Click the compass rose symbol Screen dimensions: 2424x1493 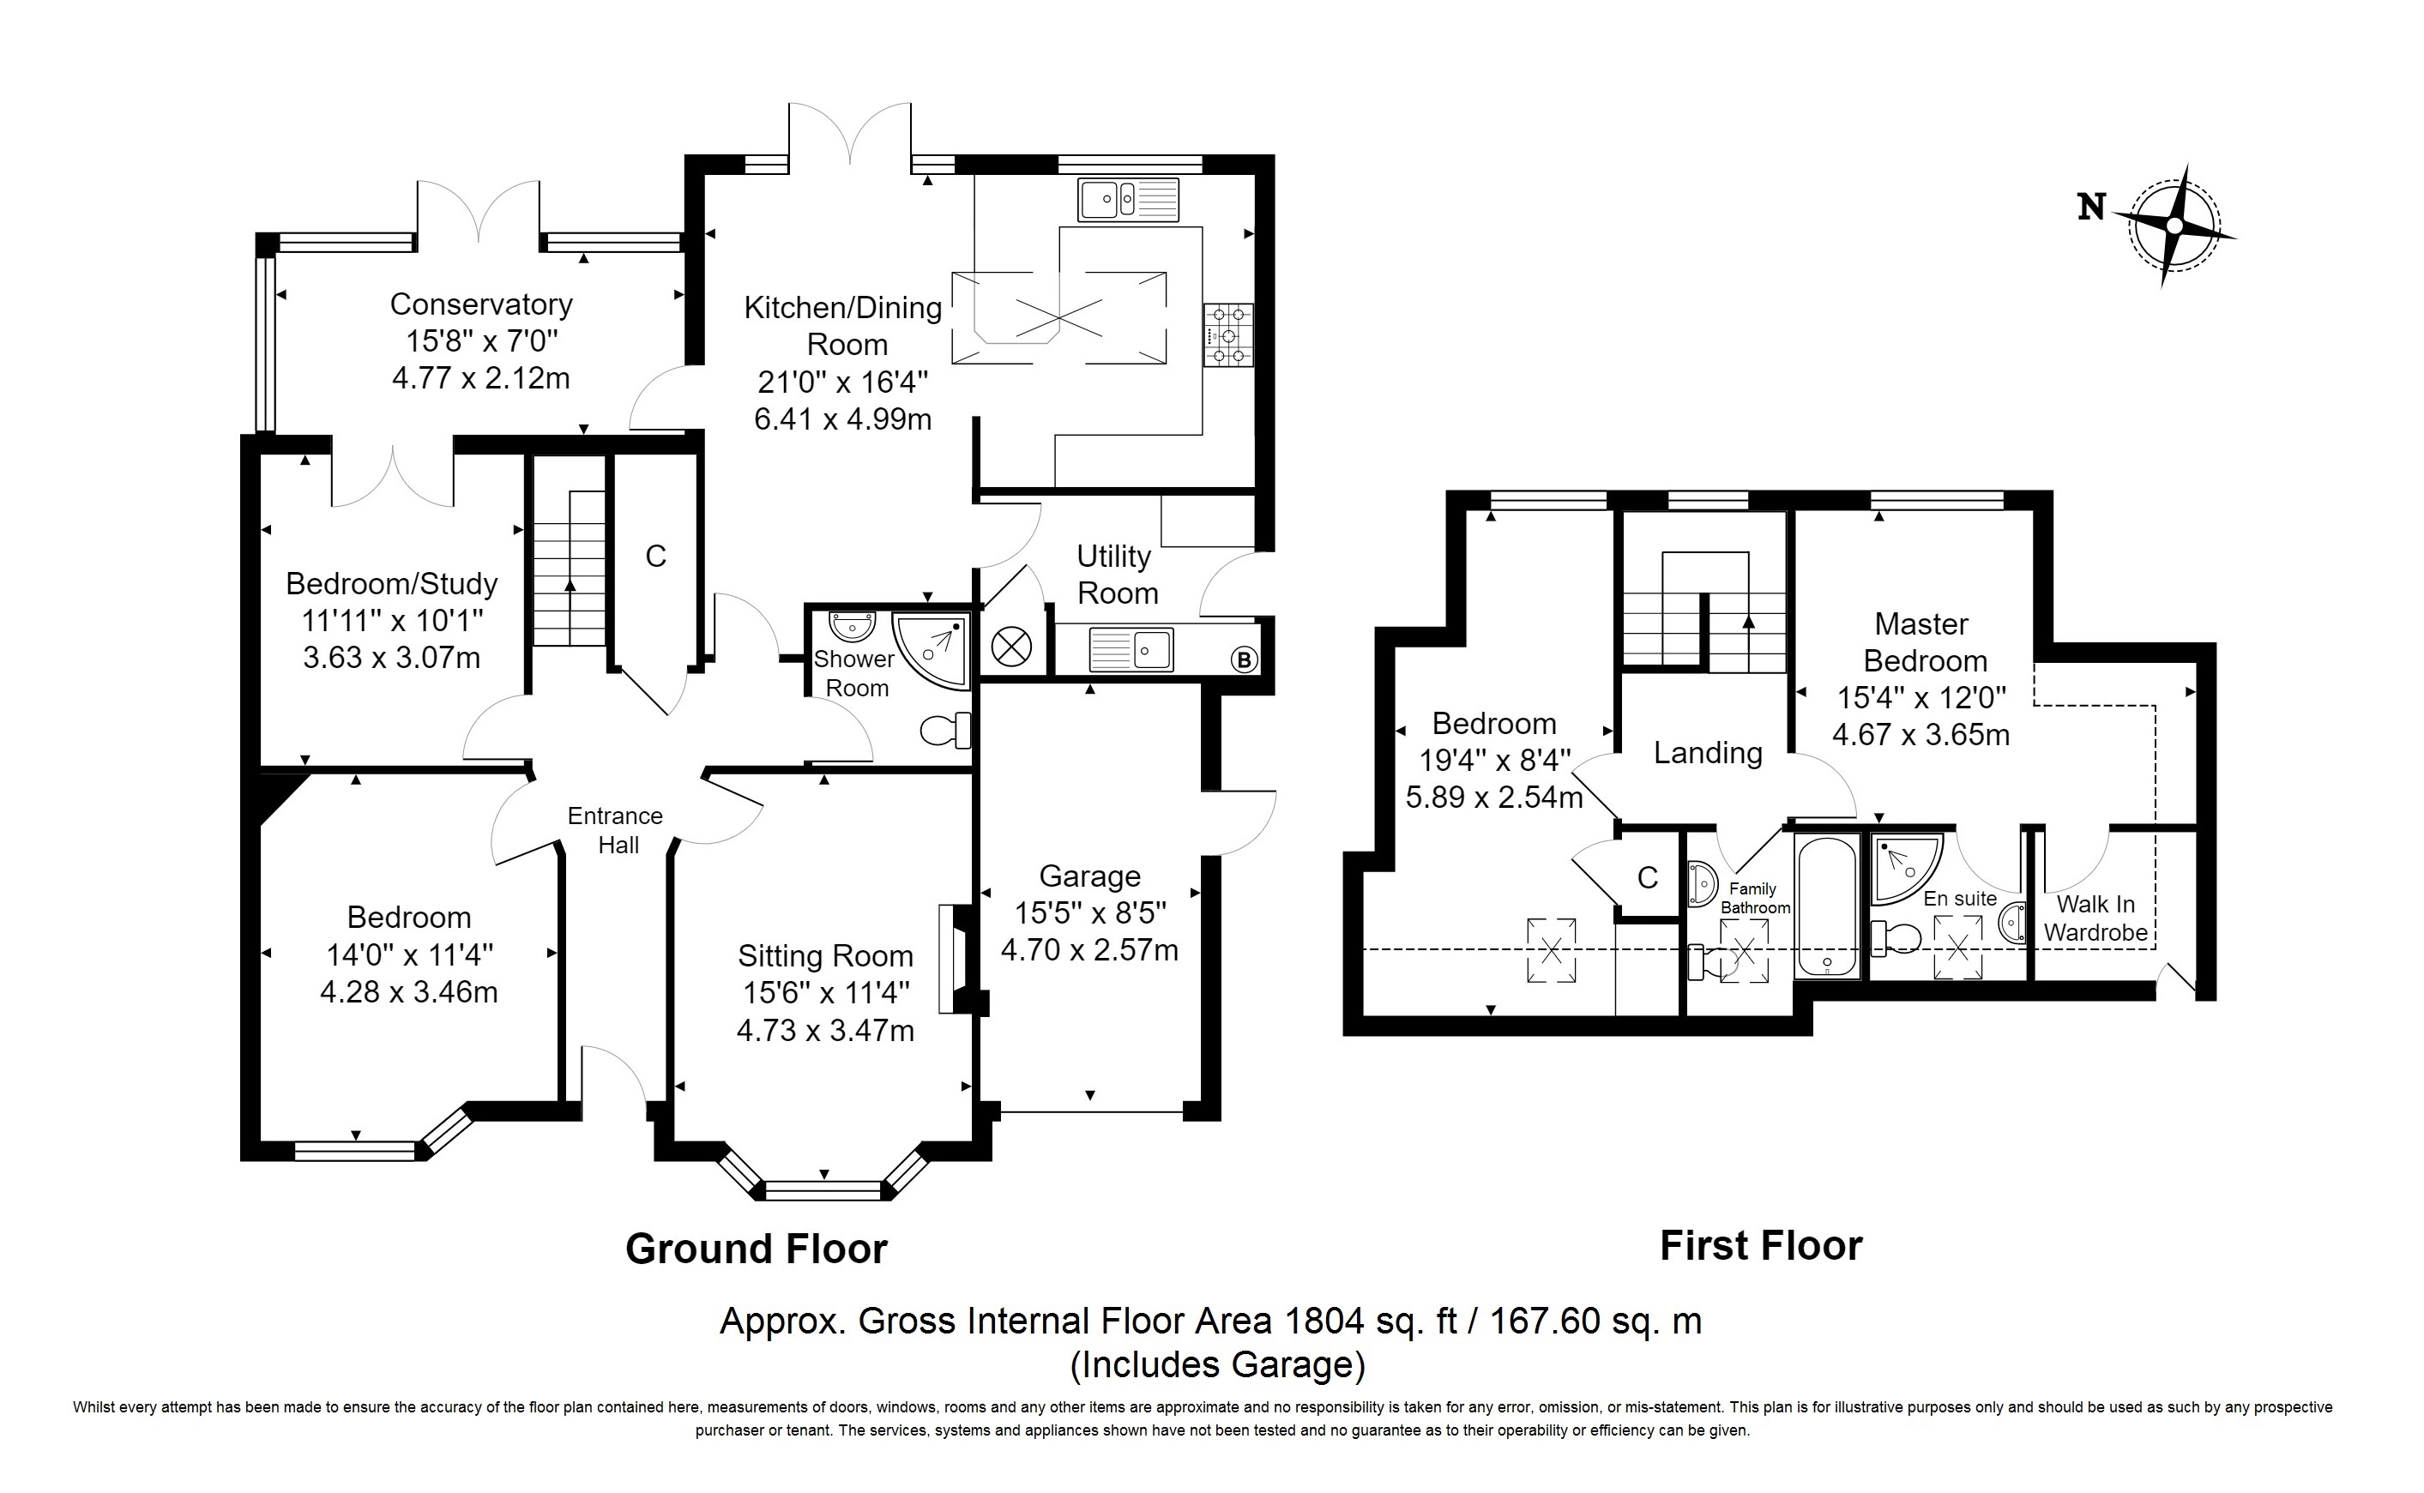pyautogui.click(x=2174, y=226)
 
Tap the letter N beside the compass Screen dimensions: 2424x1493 pyautogui.click(x=2091, y=208)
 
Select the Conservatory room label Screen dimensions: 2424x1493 pyautogui.click(x=481, y=304)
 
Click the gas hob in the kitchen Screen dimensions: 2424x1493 pyautogui.click(x=1228, y=334)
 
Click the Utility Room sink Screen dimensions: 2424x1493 pyautogui.click(x=1131, y=650)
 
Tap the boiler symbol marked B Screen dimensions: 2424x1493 pyautogui.click(x=1244, y=659)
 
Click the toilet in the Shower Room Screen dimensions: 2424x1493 pyautogui.click(x=946, y=731)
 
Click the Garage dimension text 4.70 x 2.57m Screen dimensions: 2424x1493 pyautogui.click(x=1089, y=949)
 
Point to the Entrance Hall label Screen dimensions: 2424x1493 pyautogui.click(x=616, y=830)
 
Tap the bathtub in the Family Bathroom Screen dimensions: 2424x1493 pyautogui.click(x=1828, y=907)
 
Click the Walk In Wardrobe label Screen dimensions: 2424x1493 pyautogui.click(x=2095, y=918)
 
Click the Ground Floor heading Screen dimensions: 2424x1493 pyautogui.click(x=757, y=1249)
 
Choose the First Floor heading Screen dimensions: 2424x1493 pyautogui.click(x=1760, y=1245)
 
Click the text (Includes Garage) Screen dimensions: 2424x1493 pyautogui.click(x=1217, y=1364)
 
